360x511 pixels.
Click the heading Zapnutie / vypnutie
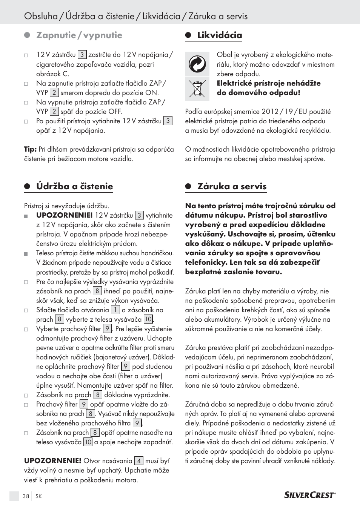79,35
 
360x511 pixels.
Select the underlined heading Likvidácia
220,35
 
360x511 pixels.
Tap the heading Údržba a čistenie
74,186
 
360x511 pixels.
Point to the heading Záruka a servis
232,186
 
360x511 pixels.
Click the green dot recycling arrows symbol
197,64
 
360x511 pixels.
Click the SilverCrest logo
309,495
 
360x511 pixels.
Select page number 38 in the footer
26,496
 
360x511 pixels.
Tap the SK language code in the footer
38,496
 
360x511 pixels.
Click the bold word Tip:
30,149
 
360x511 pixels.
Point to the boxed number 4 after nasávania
139,461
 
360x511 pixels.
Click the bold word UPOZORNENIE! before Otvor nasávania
52,461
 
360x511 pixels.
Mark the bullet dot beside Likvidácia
188,35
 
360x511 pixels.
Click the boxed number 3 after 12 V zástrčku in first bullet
82,55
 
